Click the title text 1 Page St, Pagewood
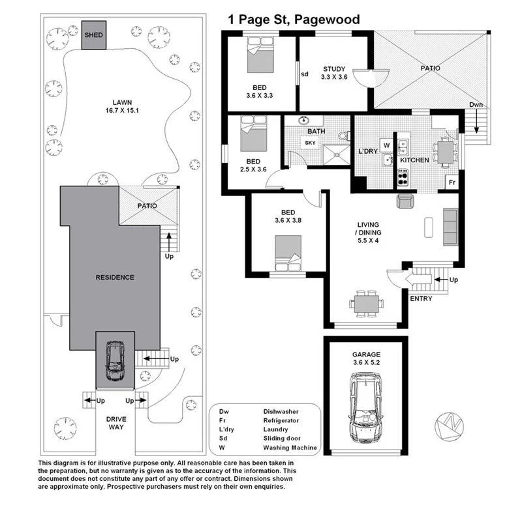point(294,20)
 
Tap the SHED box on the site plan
point(93,35)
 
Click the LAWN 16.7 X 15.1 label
point(122,106)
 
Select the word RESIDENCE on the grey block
point(115,277)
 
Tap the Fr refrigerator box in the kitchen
point(451,182)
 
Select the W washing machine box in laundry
point(386,145)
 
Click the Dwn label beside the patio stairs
point(477,105)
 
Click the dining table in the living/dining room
point(365,302)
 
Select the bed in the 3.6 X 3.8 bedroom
point(287,251)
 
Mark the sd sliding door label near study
point(304,74)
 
